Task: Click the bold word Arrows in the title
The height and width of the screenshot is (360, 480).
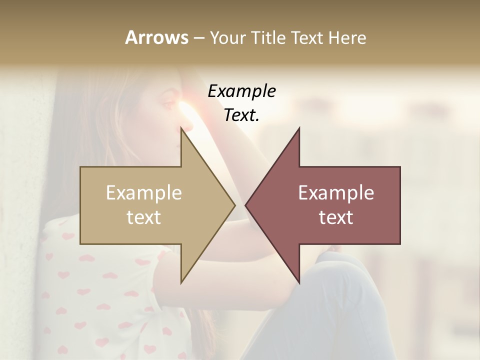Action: pos(156,37)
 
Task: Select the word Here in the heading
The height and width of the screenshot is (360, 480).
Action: pos(347,37)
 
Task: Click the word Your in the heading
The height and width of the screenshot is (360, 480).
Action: pos(227,38)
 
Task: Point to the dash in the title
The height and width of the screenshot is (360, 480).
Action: pos(198,38)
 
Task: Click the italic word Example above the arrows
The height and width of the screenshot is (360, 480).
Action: pos(242,91)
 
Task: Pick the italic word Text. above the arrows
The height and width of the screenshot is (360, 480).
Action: pos(242,115)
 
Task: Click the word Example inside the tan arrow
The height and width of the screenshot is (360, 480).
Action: pos(144,192)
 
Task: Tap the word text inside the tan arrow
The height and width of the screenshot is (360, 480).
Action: pos(144,217)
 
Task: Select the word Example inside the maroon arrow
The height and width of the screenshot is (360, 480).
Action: pos(336,192)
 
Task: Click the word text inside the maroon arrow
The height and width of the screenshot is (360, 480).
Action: pos(336,217)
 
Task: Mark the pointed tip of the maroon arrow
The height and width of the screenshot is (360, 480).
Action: pos(245,205)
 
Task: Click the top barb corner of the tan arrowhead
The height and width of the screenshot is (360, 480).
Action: pos(181,128)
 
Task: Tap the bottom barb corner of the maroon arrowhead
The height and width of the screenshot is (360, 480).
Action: pos(299,283)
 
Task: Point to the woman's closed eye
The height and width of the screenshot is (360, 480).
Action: pos(168,104)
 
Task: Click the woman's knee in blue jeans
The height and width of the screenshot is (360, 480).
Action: pos(340,265)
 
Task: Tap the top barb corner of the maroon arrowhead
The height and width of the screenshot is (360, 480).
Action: pos(299,128)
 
